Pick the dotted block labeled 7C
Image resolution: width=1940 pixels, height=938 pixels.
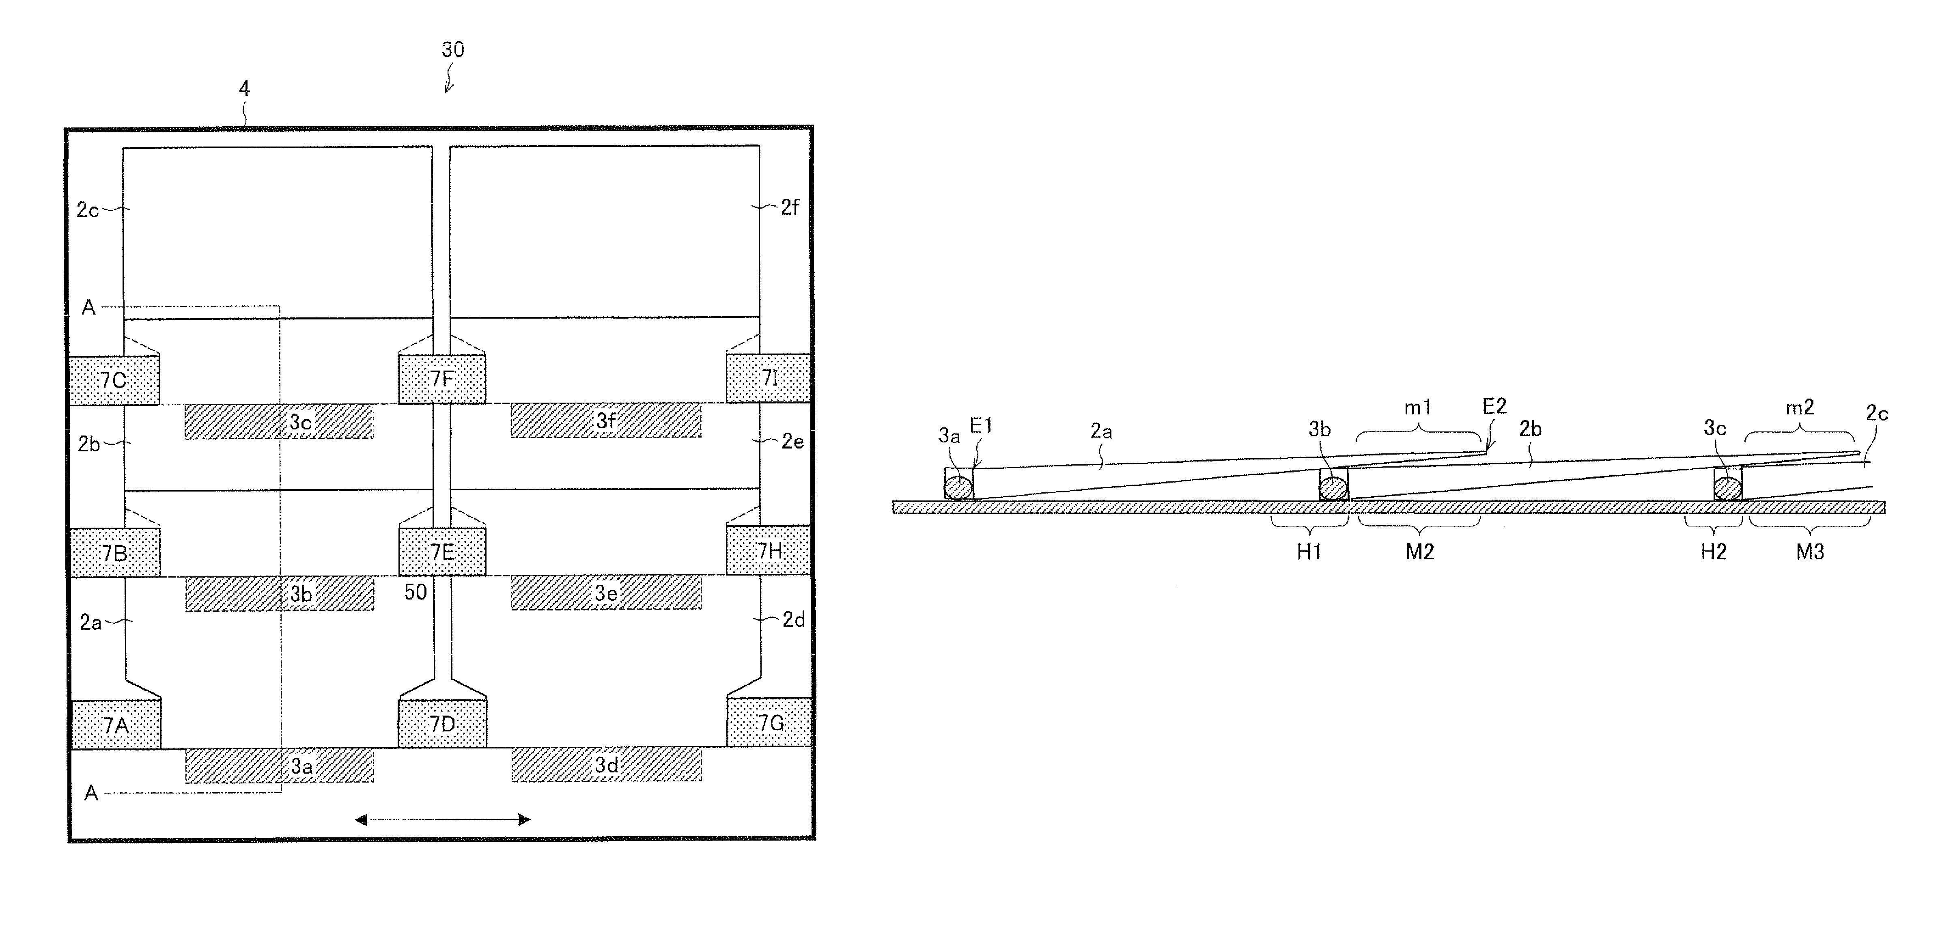[x=114, y=380]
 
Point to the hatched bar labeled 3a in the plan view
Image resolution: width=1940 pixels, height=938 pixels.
[x=280, y=765]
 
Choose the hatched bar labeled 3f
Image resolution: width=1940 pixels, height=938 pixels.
[x=605, y=420]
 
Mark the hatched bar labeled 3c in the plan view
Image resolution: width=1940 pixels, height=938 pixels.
[x=279, y=422]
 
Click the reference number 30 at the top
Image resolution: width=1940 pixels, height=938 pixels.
[x=452, y=50]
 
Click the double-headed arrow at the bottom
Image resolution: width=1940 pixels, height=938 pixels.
[x=442, y=820]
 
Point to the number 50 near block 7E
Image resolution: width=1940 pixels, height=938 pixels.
[x=416, y=592]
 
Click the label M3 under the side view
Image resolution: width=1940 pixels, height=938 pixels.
[x=1810, y=552]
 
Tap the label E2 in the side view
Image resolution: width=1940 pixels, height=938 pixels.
[x=1494, y=407]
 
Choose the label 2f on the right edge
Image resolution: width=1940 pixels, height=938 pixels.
[x=789, y=207]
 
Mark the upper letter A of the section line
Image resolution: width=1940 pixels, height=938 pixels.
[x=89, y=307]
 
